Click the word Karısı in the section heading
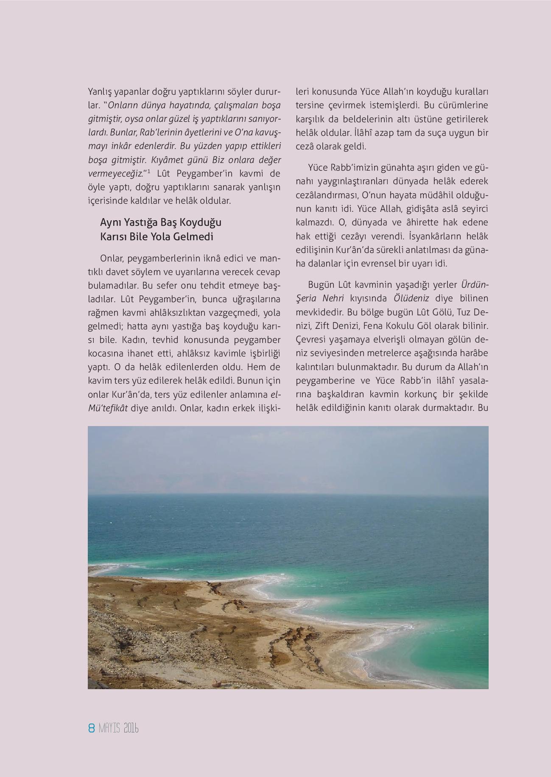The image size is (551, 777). coord(111,237)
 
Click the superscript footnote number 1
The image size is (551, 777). coord(149,171)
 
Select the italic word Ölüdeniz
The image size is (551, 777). coord(411,298)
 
